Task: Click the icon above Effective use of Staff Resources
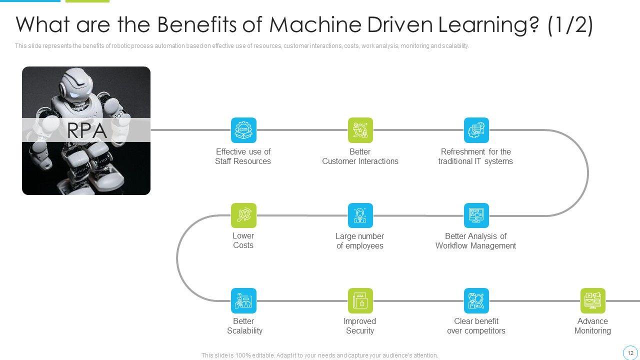(243, 130)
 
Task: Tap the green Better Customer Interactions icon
(360, 130)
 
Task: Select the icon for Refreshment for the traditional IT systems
(476, 130)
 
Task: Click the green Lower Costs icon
(243, 215)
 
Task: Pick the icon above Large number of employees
(360, 215)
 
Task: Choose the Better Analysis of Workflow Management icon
(476, 215)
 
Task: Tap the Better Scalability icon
(243, 300)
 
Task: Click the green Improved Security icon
(360, 300)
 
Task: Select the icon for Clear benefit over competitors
(476, 300)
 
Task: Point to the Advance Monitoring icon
(593, 300)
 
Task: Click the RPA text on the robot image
(87, 130)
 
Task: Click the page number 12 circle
(630, 353)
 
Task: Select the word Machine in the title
(315, 24)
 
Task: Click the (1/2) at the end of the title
(570, 25)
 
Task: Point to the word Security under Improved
(360, 330)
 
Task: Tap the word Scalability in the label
(245, 330)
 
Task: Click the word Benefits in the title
(197, 24)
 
